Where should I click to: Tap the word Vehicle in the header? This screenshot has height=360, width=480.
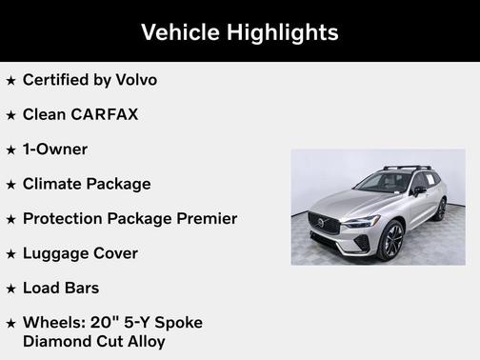point(180,32)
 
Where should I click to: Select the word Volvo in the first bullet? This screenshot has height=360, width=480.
point(133,80)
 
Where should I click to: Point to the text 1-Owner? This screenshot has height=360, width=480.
point(55,150)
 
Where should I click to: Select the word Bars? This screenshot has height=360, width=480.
point(81,288)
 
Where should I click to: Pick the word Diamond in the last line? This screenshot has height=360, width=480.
point(55,340)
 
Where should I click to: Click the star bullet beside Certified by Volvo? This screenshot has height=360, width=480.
point(11,81)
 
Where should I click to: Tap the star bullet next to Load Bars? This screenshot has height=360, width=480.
point(11,289)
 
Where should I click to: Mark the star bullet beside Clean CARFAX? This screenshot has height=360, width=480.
point(11,115)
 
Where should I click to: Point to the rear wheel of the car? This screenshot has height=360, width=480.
point(439,210)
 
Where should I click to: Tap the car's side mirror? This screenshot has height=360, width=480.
point(419,190)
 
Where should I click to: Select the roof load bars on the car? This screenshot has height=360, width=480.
point(407,169)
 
